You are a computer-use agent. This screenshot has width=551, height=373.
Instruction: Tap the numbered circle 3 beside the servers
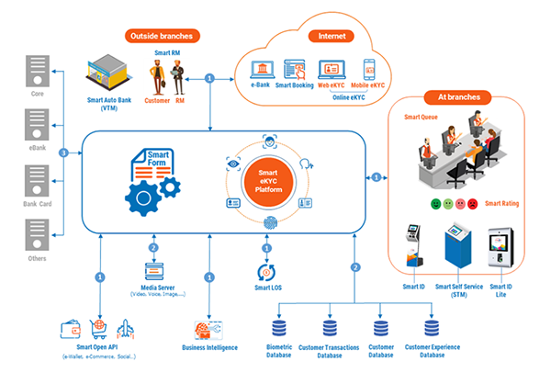pos(62,151)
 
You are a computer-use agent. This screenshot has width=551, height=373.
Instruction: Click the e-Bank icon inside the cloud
pos(260,69)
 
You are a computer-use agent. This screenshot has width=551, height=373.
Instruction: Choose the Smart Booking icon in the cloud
pos(296,69)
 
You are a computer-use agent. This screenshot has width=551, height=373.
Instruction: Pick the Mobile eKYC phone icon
pos(369,69)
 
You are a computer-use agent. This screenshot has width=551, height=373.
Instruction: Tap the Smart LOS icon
pos(267,272)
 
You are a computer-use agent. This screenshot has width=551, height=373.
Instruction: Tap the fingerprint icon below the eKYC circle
pos(269,223)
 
